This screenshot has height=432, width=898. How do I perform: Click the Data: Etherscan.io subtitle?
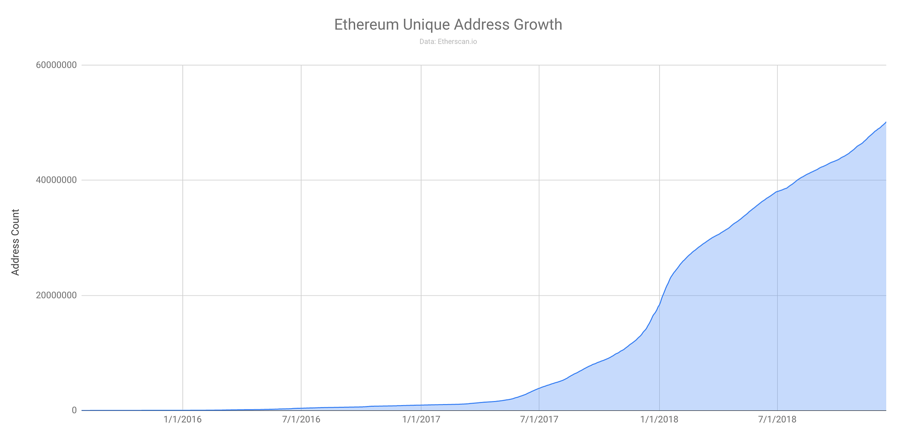tap(448, 42)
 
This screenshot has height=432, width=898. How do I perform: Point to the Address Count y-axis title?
tap(16, 242)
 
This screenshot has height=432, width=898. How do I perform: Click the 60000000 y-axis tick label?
tap(56, 65)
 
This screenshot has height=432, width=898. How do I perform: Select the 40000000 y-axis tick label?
tap(56, 181)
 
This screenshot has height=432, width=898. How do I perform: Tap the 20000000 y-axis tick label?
tap(56, 295)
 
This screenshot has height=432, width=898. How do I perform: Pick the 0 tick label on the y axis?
tap(74, 410)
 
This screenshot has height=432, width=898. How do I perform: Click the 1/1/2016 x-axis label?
tap(183, 420)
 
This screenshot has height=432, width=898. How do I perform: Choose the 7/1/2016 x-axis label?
tap(301, 420)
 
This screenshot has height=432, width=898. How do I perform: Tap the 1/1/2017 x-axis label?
tap(421, 420)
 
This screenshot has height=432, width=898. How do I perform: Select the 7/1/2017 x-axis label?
tap(539, 420)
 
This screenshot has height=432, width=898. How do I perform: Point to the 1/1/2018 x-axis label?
tap(659, 420)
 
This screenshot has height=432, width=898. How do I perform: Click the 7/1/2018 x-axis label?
tap(777, 420)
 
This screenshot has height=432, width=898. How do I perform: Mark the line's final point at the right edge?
tap(886, 122)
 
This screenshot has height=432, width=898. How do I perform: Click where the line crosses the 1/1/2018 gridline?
tap(659, 305)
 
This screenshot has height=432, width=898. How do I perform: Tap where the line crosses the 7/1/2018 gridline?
tap(777, 191)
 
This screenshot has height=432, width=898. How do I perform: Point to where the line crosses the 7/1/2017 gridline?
tap(539, 388)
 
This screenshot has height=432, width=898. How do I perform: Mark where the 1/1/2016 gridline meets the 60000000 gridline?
tap(183, 65)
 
